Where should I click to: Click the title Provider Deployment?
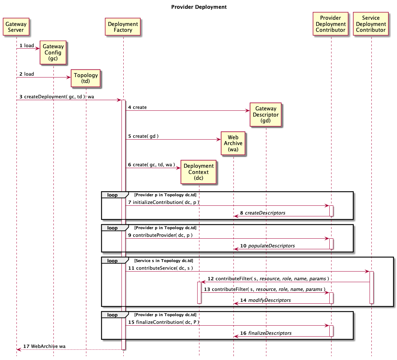pyautogui.click(x=199, y=7)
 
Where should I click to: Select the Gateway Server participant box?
pyautogui.click(x=16, y=27)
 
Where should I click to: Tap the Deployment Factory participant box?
pyautogui.click(x=123, y=27)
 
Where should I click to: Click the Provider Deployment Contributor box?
pyautogui.click(x=330, y=24)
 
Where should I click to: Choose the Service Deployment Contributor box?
pyautogui.click(x=371, y=24)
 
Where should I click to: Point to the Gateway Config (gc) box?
pyautogui.click(x=53, y=52)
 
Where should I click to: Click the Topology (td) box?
pyautogui.click(x=86, y=78)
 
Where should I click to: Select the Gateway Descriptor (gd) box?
pyautogui.click(x=266, y=115)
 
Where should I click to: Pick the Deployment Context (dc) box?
pyautogui.click(x=199, y=172)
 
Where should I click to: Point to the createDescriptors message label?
pyautogui.click(x=265, y=213)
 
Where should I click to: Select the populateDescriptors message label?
pyautogui.click(x=271, y=246)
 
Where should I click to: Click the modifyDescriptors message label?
pyautogui.click(x=269, y=300)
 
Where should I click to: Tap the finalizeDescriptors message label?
pyautogui.click(x=270, y=333)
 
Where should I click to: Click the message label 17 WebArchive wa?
pyautogui.click(x=45, y=346)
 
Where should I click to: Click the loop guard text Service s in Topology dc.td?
pyautogui.click(x=164, y=261)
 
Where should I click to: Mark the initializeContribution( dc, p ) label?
pyautogui.click(x=166, y=202)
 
